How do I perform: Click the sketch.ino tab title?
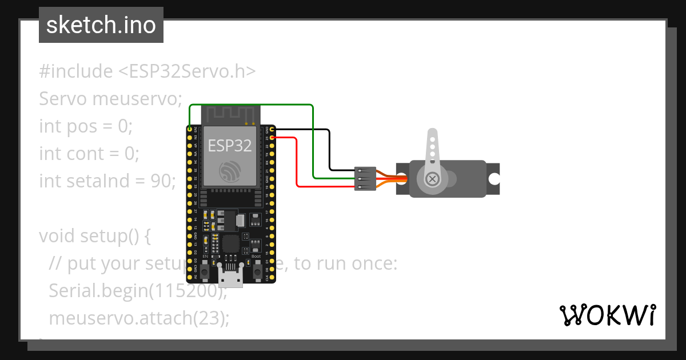coord(101,25)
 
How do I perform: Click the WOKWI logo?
coord(607,315)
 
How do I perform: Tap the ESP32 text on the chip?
coord(229,145)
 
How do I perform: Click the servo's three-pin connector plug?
coord(365,178)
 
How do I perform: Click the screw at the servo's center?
coord(433,179)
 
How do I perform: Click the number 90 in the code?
coord(162,181)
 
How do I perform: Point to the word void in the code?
coord(57,236)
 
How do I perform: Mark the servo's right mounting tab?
coord(493,178)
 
